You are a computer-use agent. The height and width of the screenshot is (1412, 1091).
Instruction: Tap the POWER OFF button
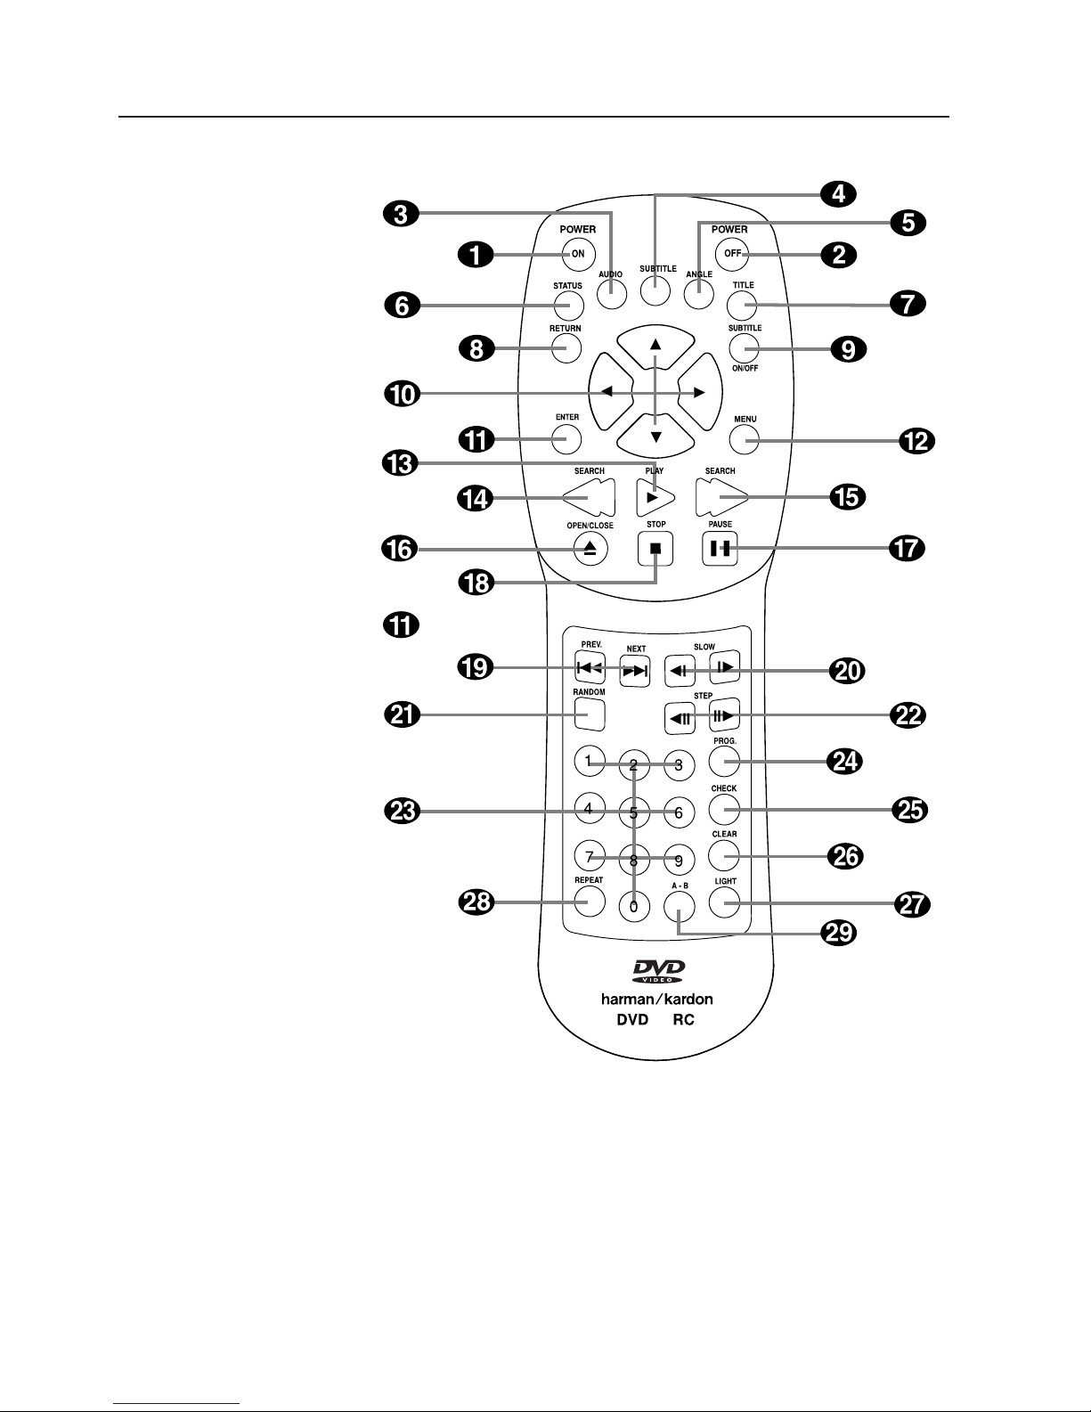click(731, 253)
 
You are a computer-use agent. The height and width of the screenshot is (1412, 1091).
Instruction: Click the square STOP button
click(655, 549)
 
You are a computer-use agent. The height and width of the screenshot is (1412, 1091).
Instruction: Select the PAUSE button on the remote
click(720, 549)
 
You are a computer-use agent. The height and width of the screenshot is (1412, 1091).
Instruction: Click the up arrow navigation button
click(655, 346)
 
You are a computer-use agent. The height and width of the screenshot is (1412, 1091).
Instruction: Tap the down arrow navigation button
click(655, 436)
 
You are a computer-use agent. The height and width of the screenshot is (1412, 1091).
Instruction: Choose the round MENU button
click(745, 440)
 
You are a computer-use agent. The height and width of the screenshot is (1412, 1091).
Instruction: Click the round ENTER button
click(566, 439)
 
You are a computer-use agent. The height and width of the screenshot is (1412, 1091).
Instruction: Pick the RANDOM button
click(590, 714)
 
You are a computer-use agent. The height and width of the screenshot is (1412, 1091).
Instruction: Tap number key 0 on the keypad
click(634, 907)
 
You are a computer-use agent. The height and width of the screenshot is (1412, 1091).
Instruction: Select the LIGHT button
click(724, 902)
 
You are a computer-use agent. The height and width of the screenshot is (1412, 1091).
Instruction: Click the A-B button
click(680, 907)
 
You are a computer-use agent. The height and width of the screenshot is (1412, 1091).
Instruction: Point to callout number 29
click(839, 933)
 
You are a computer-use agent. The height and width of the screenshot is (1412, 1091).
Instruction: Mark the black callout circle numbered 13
click(401, 463)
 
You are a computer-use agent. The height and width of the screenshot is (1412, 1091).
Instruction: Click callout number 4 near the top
click(838, 193)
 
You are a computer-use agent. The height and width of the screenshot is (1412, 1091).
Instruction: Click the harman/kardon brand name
click(656, 1000)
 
